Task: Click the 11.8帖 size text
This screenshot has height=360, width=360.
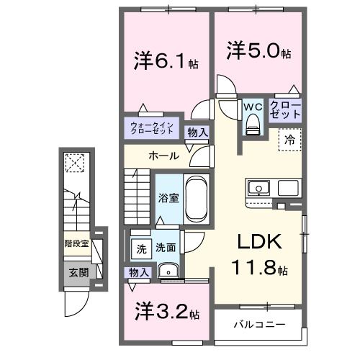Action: [260, 270]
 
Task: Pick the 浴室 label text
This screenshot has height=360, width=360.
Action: [166, 197]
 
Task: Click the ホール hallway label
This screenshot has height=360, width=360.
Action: [164, 156]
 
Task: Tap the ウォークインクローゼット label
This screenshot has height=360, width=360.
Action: [151, 130]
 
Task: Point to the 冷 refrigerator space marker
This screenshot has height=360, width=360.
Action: [289, 140]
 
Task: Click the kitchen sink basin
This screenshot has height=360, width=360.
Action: [257, 189]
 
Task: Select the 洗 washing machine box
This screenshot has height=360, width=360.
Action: [141, 248]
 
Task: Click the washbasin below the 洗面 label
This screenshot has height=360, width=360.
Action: [168, 271]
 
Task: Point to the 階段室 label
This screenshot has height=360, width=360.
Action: [77, 243]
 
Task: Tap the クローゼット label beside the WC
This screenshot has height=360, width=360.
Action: [286, 110]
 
